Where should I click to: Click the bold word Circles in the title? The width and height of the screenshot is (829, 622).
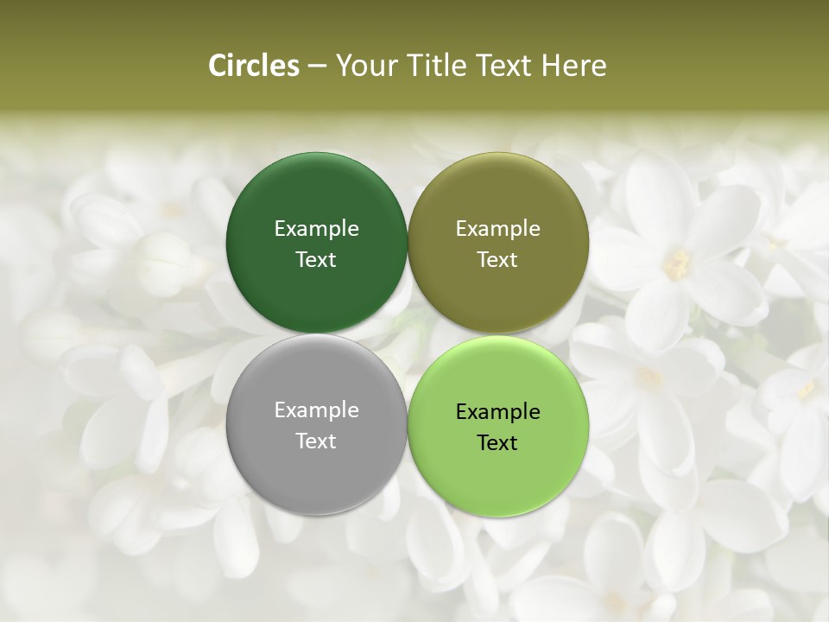[x=254, y=66]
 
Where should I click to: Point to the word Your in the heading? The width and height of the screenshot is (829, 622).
[x=365, y=66]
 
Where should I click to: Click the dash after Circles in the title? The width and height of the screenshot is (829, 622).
[x=316, y=67]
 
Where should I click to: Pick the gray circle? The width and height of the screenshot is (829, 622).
[x=316, y=466]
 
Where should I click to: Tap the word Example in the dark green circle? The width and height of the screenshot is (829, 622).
[x=316, y=228]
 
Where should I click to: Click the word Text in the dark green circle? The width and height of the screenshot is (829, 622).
[x=316, y=259]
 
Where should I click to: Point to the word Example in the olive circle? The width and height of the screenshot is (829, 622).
[x=497, y=228]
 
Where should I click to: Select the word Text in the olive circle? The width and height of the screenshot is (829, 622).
[x=497, y=259]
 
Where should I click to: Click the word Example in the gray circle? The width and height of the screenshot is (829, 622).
[x=316, y=409]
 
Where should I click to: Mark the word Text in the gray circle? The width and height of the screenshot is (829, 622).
[x=316, y=441]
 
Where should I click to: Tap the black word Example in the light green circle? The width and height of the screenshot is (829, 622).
[x=497, y=411]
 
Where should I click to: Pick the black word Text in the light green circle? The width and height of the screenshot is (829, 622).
[x=497, y=442]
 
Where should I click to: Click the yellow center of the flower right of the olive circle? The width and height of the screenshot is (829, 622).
[x=677, y=263]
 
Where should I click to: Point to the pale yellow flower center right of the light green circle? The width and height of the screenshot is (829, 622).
[x=648, y=377]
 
